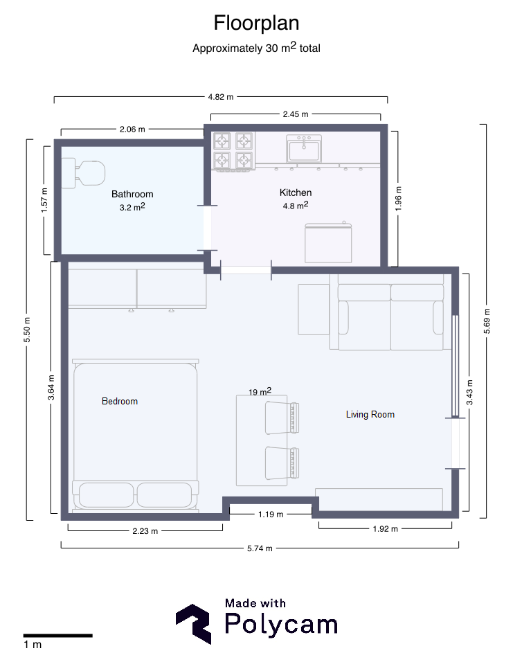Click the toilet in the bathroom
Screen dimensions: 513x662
pos(83,173)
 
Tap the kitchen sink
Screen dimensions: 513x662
pos(304,149)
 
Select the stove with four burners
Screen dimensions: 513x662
pos(234,151)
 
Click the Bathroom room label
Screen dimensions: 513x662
pos(132,194)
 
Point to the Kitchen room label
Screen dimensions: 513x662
pos(296,193)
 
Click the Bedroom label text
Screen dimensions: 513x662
pos(120,401)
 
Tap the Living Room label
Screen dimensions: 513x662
pos(370,415)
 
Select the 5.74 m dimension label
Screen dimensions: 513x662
pos(260,548)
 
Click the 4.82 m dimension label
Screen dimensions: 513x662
pos(220,97)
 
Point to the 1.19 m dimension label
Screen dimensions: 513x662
pos(271,515)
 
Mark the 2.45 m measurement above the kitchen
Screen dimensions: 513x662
pos(296,114)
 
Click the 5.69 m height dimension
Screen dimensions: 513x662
pos(487,321)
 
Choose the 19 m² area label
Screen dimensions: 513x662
pos(260,391)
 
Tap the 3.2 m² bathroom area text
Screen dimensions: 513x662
pos(132,207)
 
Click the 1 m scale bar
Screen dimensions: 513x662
pos(58,636)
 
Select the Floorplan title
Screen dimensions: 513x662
pos(256,23)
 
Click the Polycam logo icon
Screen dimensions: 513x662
pos(193,624)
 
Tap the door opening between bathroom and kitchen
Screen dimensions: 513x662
pos(207,228)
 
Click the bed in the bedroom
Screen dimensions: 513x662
pos(135,436)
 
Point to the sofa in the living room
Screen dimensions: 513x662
pos(390,312)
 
